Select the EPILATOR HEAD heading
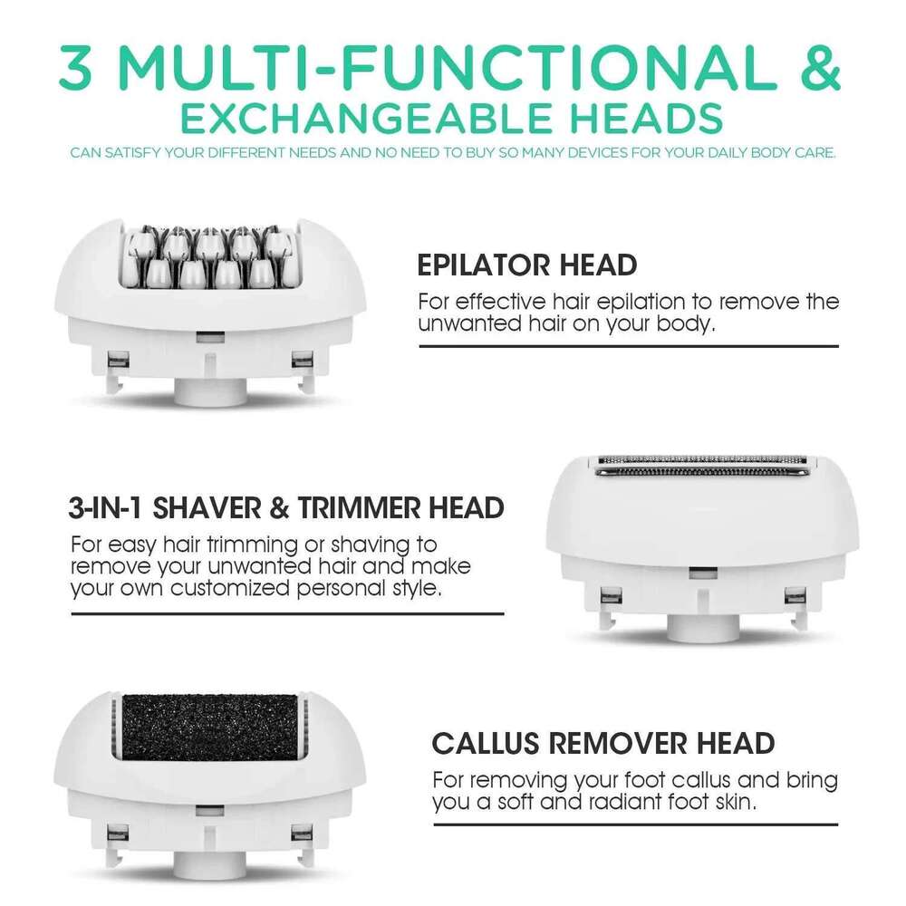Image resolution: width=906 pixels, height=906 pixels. click(x=526, y=265)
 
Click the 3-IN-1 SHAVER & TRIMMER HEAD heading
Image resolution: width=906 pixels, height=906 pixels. click(x=286, y=508)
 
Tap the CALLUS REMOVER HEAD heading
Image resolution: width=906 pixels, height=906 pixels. click(x=603, y=744)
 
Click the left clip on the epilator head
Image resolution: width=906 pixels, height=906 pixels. click(x=113, y=362)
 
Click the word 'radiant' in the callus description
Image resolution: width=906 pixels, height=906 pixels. click(x=623, y=802)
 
